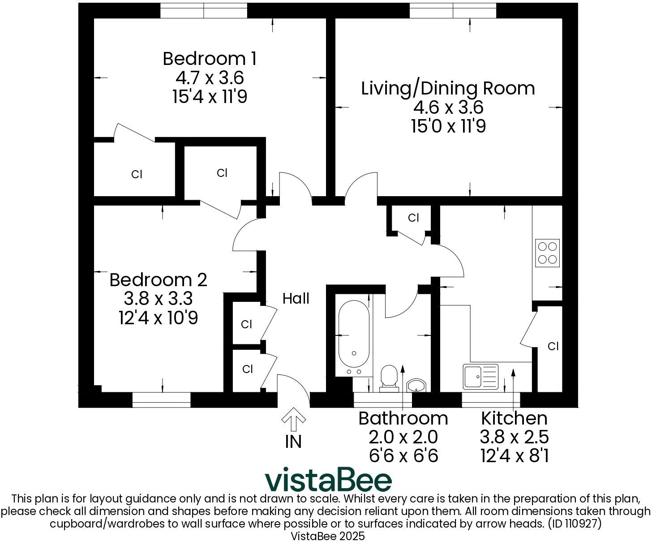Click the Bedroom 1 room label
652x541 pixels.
[209, 59]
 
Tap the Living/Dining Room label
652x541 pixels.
[448, 88]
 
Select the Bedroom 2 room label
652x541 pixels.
[158, 280]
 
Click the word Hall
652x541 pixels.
[296, 298]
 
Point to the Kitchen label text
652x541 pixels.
[514, 418]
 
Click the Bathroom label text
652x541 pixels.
[403, 418]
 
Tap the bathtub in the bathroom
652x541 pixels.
[354, 334]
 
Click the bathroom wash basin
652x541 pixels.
[417, 385]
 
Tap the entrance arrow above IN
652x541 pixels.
[293, 417]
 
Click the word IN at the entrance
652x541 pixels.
[293, 442]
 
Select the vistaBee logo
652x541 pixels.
[328, 481]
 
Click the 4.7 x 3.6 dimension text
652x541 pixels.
[209, 78]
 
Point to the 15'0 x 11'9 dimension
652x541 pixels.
[448, 127]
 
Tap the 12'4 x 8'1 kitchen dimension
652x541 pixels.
[514, 456]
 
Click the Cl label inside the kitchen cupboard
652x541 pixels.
[553, 346]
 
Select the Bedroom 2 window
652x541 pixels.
[162, 400]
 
